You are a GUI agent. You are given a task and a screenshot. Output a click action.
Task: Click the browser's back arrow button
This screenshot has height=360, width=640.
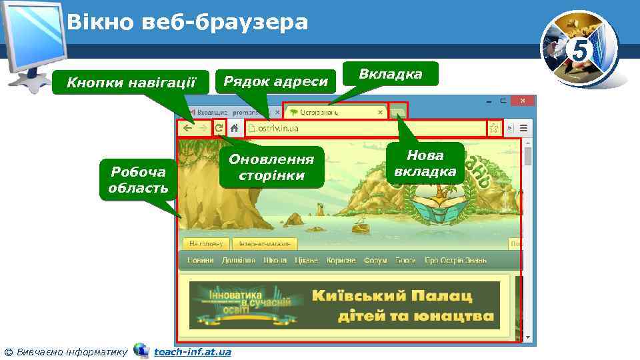point(187,129)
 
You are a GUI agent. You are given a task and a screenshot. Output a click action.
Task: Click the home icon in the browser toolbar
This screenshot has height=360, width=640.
point(235,129)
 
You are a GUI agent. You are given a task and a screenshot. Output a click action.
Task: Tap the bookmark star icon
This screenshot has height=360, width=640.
point(494,129)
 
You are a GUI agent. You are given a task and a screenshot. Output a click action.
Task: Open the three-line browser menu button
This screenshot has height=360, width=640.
point(524,128)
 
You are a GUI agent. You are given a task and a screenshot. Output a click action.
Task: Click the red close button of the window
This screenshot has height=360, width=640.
point(523,102)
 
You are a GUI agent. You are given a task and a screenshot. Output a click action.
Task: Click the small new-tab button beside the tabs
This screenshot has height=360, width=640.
point(398,111)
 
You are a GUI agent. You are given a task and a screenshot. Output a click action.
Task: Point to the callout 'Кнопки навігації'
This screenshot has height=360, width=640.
point(133,83)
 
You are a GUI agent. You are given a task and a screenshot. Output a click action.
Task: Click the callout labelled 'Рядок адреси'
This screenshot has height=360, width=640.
point(275,81)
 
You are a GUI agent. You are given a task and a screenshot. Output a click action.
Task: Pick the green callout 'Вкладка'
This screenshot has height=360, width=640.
point(390,74)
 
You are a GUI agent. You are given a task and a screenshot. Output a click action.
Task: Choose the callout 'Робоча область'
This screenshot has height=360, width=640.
point(138,179)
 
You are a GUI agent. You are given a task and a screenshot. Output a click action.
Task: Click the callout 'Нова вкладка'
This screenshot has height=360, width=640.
point(425,163)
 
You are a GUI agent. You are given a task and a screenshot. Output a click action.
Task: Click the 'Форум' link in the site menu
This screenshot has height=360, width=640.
point(375,260)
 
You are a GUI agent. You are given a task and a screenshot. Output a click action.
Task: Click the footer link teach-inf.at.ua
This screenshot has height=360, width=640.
point(192,351)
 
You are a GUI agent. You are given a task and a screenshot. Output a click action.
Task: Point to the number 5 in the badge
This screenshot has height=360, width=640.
point(579,50)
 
